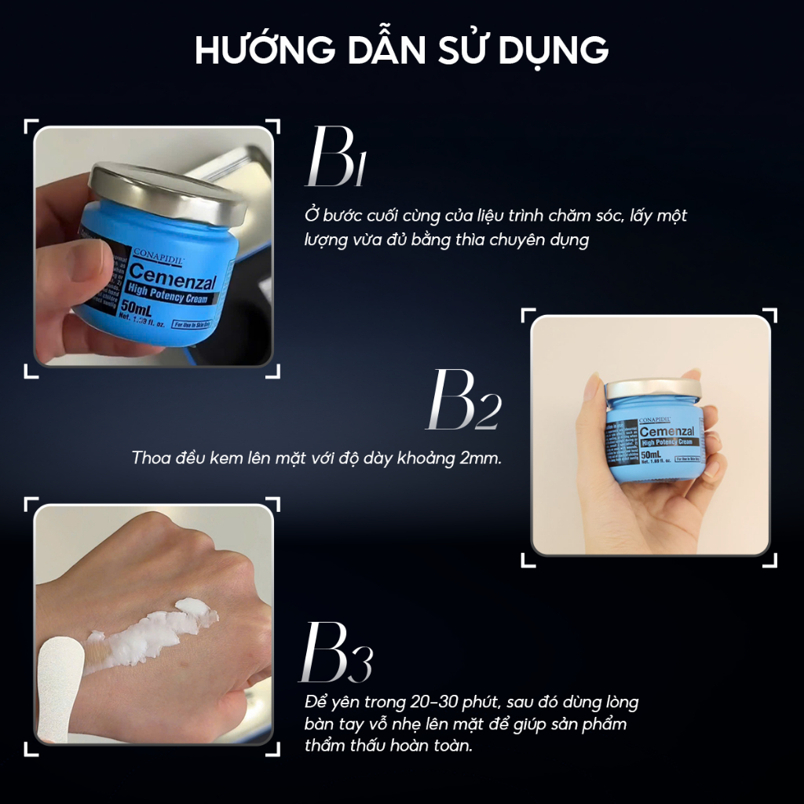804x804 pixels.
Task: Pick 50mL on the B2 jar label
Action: [x=654, y=456]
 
